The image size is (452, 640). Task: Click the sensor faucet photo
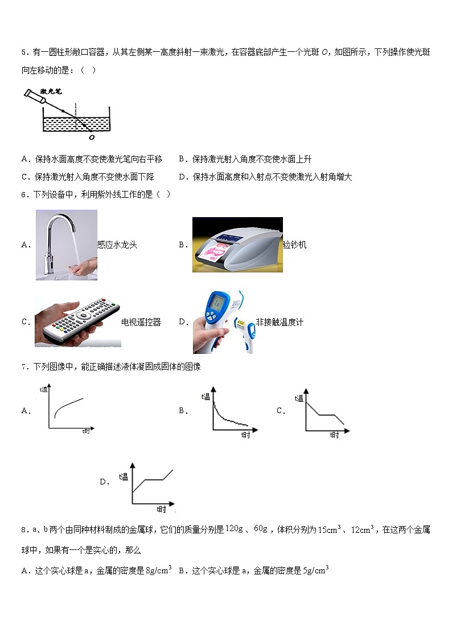(67, 244)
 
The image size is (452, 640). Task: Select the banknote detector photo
(237, 244)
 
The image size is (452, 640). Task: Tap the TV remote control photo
(77, 322)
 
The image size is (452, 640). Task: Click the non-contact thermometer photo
(224, 322)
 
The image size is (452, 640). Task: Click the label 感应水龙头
(117, 245)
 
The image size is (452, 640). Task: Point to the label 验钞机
(294, 245)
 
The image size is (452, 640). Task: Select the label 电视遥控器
(141, 323)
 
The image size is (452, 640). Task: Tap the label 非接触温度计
(280, 323)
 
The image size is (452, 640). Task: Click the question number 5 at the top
(24, 53)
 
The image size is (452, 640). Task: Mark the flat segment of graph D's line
(154, 480)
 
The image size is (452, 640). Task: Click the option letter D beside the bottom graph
(104, 482)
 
